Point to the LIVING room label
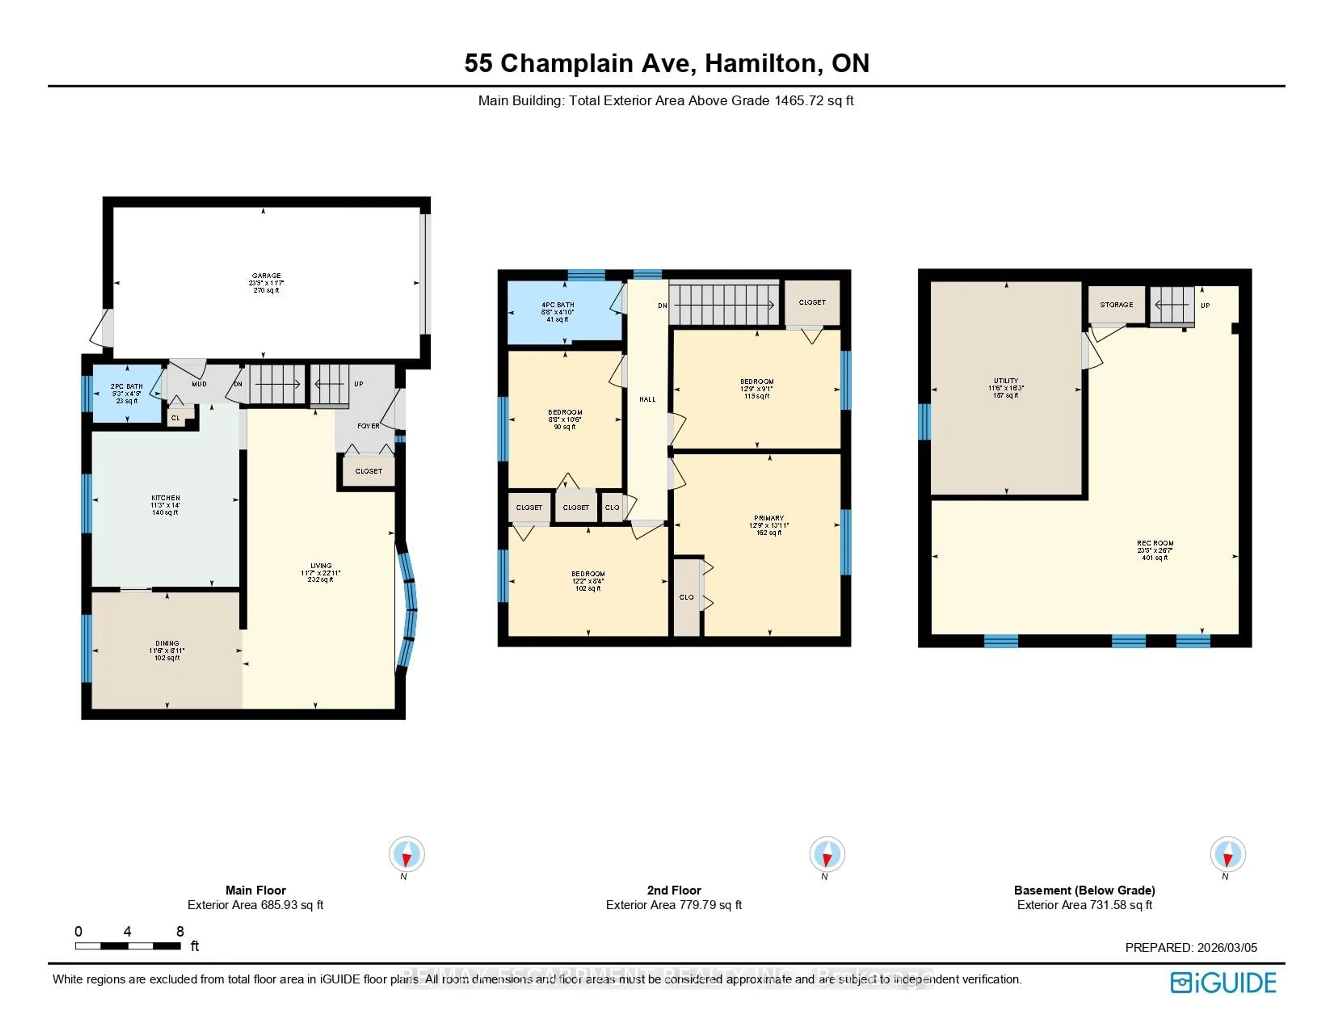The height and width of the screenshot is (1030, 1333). click(320, 566)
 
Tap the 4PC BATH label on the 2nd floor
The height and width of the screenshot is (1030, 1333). click(557, 305)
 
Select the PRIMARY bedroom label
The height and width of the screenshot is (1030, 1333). click(769, 518)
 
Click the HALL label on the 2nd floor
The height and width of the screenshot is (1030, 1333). click(647, 399)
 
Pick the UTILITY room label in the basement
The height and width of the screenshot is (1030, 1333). click(1006, 380)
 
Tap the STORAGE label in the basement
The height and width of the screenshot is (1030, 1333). click(1116, 305)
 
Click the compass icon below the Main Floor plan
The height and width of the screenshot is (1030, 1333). click(406, 854)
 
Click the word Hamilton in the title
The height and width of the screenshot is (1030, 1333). click(760, 64)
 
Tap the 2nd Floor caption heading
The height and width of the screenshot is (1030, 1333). click(674, 890)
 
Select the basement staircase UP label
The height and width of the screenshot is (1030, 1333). click(1205, 305)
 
